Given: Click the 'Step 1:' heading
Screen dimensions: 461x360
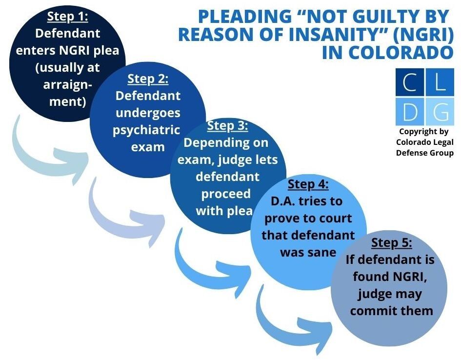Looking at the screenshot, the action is pos(68,17).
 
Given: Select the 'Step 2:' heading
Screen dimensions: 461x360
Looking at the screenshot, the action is pos(148,80).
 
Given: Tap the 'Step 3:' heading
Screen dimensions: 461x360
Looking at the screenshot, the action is pos(227,126).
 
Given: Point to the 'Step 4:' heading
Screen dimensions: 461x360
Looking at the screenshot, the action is pos(308,184).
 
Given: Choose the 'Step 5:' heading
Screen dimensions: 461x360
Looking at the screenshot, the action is pos(392,243).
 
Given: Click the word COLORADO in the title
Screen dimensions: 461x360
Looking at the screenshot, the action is pos(387,52).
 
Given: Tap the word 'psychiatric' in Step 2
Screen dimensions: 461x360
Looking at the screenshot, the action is pos(146,130).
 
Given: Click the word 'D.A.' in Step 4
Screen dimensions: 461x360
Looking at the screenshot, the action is pos(283,201).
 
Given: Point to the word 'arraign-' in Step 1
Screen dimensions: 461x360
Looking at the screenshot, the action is pos(68,85).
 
